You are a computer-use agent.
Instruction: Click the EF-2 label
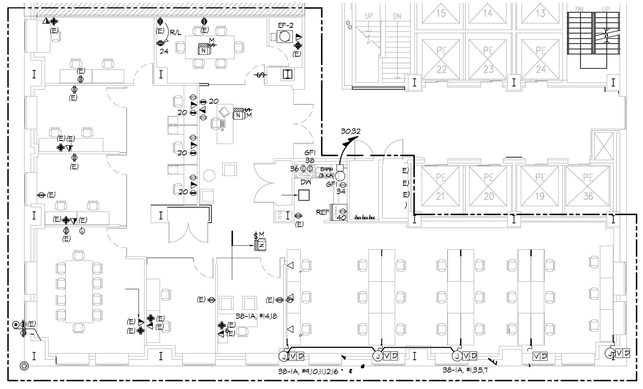click(285, 25)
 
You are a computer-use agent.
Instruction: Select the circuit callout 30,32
click(350, 131)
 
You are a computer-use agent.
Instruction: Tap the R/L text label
click(175, 32)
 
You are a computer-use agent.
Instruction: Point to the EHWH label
click(326, 169)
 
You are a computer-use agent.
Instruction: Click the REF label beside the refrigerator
click(322, 212)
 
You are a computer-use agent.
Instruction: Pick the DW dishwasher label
click(305, 182)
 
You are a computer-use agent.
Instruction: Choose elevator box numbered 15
click(441, 13)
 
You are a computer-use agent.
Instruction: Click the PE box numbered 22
click(441, 59)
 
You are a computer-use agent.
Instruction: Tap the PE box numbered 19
click(540, 186)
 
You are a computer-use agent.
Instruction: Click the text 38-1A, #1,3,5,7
click(465, 370)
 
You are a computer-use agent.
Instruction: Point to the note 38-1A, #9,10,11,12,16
click(308, 371)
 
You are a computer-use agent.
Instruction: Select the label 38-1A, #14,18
click(256, 316)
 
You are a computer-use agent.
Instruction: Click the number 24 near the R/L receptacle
click(164, 51)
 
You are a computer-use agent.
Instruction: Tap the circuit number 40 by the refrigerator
click(341, 217)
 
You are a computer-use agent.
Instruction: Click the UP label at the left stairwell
click(369, 16)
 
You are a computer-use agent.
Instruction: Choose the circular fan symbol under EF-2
click(284, 37)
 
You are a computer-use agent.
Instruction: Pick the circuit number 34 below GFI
click(341, 191)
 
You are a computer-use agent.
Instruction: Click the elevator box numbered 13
click(540, 13)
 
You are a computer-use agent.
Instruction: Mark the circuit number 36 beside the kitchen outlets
click(294, 169)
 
